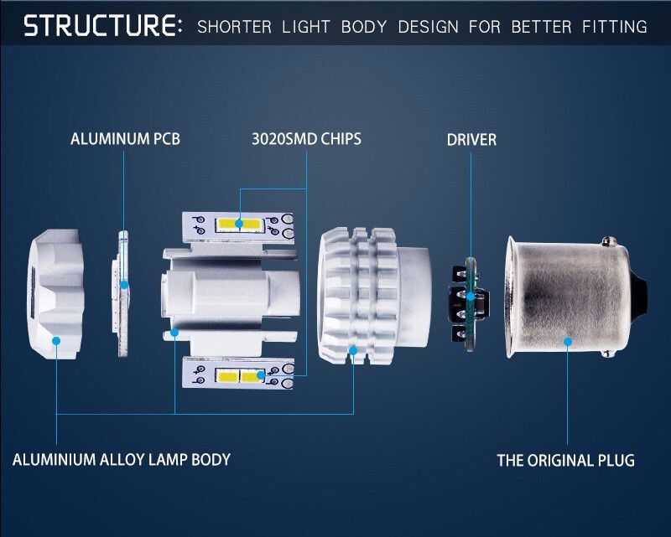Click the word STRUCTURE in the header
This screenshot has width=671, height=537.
pyautogui.click(x=102, y=25)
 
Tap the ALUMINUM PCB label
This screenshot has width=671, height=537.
pyautogui.click(x=125, y=139)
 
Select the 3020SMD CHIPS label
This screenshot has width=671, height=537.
pyautogui.click(x=306, y=139)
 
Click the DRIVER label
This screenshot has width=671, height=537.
pyautogui.click(x=471, y=140)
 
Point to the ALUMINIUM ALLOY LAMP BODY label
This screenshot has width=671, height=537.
pyautogui.click(x=122, y=460)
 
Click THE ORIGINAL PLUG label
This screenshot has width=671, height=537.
pyautogui.click(x=565, y=461)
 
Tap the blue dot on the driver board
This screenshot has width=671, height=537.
pyautogui.click(x=471, y=297)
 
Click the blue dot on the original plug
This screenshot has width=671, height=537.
pyautogui.click(x=568, y=341)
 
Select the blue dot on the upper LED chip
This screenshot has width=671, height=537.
pyautogui.click(x=239, y=223)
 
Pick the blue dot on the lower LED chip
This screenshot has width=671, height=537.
pyautogui.click(x=261, y=375)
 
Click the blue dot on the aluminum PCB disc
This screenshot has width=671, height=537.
pyautogui.click(x=124, y=285)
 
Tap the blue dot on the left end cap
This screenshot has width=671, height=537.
pyautogui.click(x=56, y=341)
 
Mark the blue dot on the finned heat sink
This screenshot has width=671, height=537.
pyautogui.click(x=353, y=350)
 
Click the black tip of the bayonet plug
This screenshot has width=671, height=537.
pyautogui.click(x=639, y=295)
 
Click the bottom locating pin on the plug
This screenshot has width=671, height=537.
pyautogui.click(x=606, y=354)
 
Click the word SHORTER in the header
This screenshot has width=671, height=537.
pyautogui.click(x=234, y=27)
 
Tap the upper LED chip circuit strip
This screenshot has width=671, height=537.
pyautogui.click(x=238, y=227)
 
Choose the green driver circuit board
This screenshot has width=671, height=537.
pyautogui.click(x=471, y=304)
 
